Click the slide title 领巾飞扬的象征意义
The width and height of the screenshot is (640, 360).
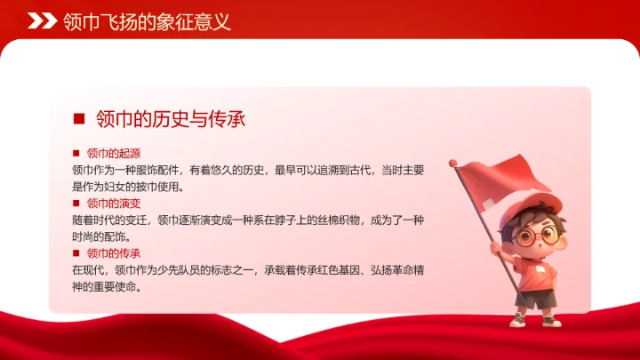pos(147,21)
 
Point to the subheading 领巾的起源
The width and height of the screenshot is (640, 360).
pos(114,154)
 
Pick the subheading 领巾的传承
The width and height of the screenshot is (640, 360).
pos(114,253)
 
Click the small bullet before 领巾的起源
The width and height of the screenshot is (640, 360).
pos(76,154)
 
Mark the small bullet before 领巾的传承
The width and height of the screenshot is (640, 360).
pos(76,253)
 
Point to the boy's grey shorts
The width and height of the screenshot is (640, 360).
pos(534,299)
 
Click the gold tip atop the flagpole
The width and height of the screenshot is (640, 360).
pos(452,162)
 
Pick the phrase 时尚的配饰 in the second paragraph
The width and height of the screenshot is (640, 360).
pos(101,236)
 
